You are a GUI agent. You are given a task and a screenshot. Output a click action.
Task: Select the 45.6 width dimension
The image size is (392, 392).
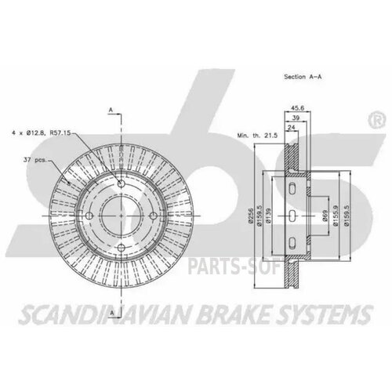297,109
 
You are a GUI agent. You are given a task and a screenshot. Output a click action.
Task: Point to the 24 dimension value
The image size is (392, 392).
291,129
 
